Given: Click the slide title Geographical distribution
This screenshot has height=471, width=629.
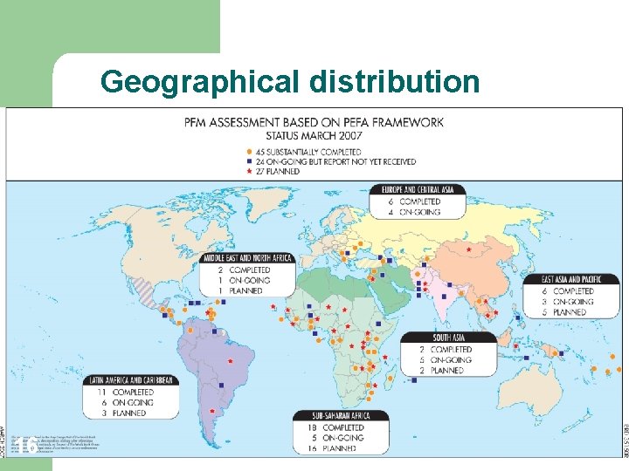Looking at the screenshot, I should (x=289, y=81).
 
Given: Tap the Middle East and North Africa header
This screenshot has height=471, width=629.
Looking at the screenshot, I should (x=247, y=258).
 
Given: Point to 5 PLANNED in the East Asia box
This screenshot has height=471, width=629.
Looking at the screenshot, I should (x=570, y=312).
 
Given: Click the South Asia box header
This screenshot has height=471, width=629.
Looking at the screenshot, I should (x=447, y=338).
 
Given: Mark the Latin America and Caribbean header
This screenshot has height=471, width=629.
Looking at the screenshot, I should (x=132, y=380).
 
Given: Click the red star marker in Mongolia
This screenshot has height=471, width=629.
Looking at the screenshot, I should (x=470, y=250).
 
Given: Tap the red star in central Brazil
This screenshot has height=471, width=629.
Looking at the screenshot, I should (x=230, y=360).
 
